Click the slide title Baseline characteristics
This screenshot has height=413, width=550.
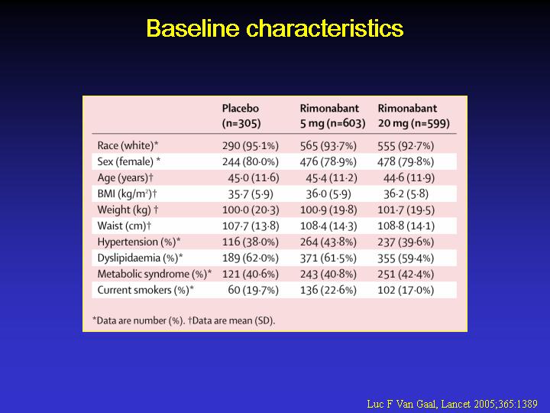(275, 28)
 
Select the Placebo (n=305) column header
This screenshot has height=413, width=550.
(241, 115)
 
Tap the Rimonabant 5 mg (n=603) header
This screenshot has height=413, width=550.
(332, 115)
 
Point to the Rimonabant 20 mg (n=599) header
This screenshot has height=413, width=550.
(413, 115)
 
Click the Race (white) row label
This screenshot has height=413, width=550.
(128, 145)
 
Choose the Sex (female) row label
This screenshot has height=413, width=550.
(129, 161)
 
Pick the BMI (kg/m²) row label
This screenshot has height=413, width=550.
(127, 193)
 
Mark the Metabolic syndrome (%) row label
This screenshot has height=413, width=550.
(154, 274)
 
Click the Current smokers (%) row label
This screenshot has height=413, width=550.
(146, 290)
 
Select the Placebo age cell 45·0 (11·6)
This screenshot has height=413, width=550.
(254, 178)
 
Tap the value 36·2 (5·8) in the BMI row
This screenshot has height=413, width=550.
(406, 193)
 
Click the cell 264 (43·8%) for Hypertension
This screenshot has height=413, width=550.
(328, 242)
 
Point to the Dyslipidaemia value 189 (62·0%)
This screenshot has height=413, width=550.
(251, 259)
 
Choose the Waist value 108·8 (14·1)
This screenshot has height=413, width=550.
(406, 226)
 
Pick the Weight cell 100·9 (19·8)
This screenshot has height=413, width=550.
(328, 210)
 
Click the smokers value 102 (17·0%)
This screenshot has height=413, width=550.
(406, 290)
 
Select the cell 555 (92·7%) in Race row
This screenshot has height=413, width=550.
(406, 146)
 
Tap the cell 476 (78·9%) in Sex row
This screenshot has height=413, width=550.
(328, 162)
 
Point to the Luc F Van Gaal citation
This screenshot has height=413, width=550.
(452, 404)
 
